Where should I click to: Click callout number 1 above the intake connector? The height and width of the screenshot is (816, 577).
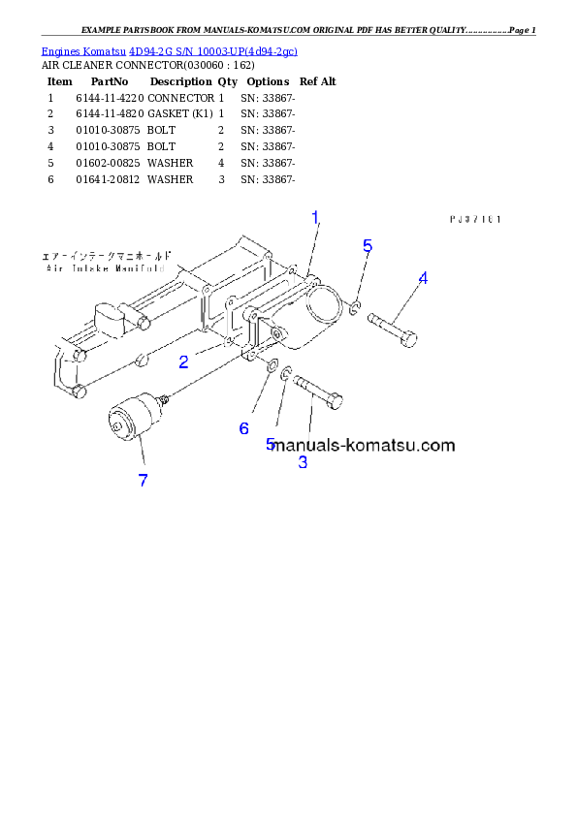pos(315,219)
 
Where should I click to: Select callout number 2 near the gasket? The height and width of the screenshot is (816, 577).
pos(183,362)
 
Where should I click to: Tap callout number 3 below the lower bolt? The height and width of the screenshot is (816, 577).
pos(303,462)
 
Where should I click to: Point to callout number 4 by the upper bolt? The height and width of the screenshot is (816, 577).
pos(423,278)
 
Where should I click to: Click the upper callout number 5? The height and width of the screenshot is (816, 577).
pos(368,246)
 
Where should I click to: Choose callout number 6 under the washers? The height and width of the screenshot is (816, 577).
pos(244,427)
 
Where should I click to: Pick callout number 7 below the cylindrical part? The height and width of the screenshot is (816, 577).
pos(143,480)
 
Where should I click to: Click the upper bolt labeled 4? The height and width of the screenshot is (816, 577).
pos(394,327)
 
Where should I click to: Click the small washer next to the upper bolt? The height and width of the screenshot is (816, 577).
pos(356,308)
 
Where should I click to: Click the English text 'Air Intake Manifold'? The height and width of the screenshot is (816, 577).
pos(104,267)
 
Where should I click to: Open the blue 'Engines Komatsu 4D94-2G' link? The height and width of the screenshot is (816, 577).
pos(169,50)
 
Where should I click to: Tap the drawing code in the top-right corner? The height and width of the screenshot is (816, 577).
pos(474,220)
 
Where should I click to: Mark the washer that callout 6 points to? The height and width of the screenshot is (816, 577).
pos(266,366)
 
